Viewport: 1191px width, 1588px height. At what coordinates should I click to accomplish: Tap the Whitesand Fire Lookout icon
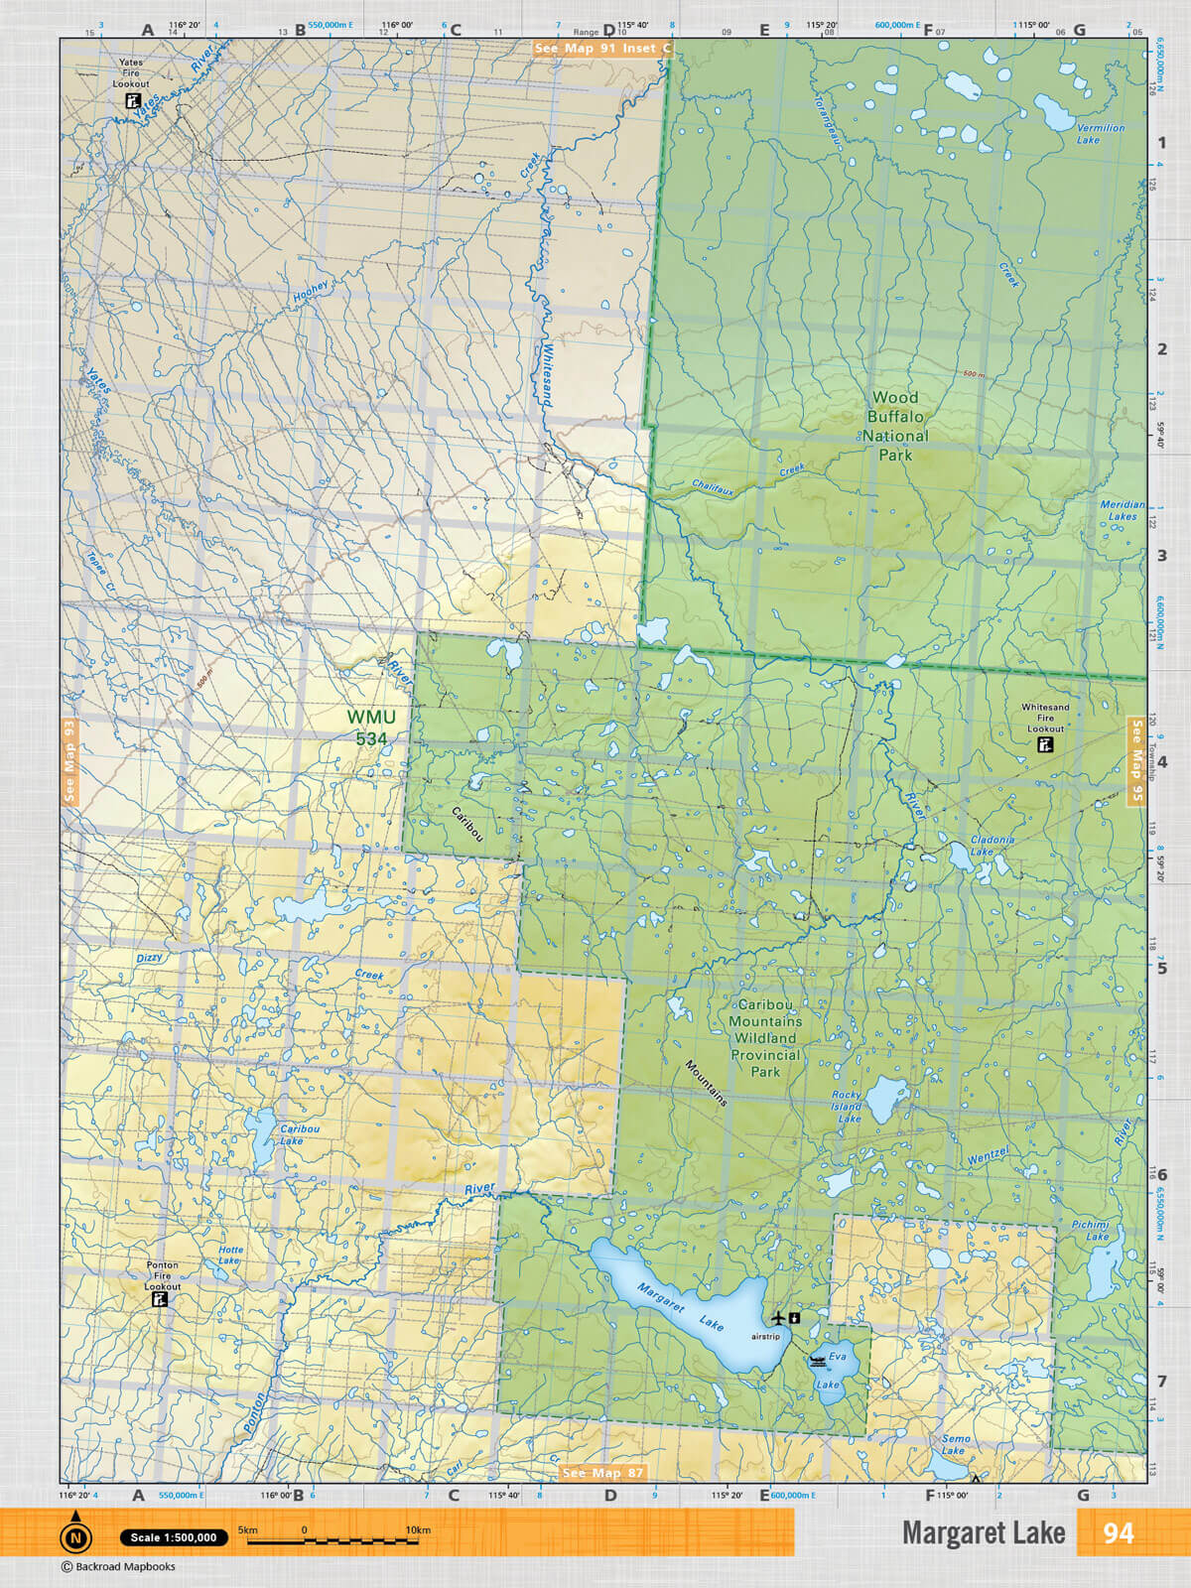1044,744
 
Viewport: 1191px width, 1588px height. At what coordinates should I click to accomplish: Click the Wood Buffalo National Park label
895,426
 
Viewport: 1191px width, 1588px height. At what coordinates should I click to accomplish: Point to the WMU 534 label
371,727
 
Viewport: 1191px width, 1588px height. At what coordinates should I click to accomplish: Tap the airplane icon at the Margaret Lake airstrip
778,1317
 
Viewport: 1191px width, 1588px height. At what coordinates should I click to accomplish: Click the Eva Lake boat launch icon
818,1361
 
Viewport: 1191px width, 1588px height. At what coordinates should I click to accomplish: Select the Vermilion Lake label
1100,133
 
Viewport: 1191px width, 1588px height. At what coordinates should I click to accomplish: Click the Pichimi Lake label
1090,1231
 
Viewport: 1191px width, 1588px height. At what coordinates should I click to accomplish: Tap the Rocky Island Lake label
847,1107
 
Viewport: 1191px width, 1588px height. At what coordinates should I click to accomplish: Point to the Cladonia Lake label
992,845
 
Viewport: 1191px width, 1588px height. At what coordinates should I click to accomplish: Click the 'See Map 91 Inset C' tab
602,48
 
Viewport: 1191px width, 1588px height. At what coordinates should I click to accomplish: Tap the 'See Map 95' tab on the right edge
1137,761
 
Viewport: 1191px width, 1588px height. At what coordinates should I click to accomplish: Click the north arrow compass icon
75,1536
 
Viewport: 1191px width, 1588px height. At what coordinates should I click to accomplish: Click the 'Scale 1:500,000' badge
174,1537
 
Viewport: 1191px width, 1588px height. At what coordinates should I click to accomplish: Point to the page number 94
1118,1533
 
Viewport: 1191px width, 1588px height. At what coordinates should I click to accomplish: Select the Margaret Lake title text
983,1533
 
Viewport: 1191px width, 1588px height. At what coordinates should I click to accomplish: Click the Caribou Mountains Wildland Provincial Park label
765,1038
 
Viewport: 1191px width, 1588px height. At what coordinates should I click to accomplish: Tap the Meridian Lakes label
1122,510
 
